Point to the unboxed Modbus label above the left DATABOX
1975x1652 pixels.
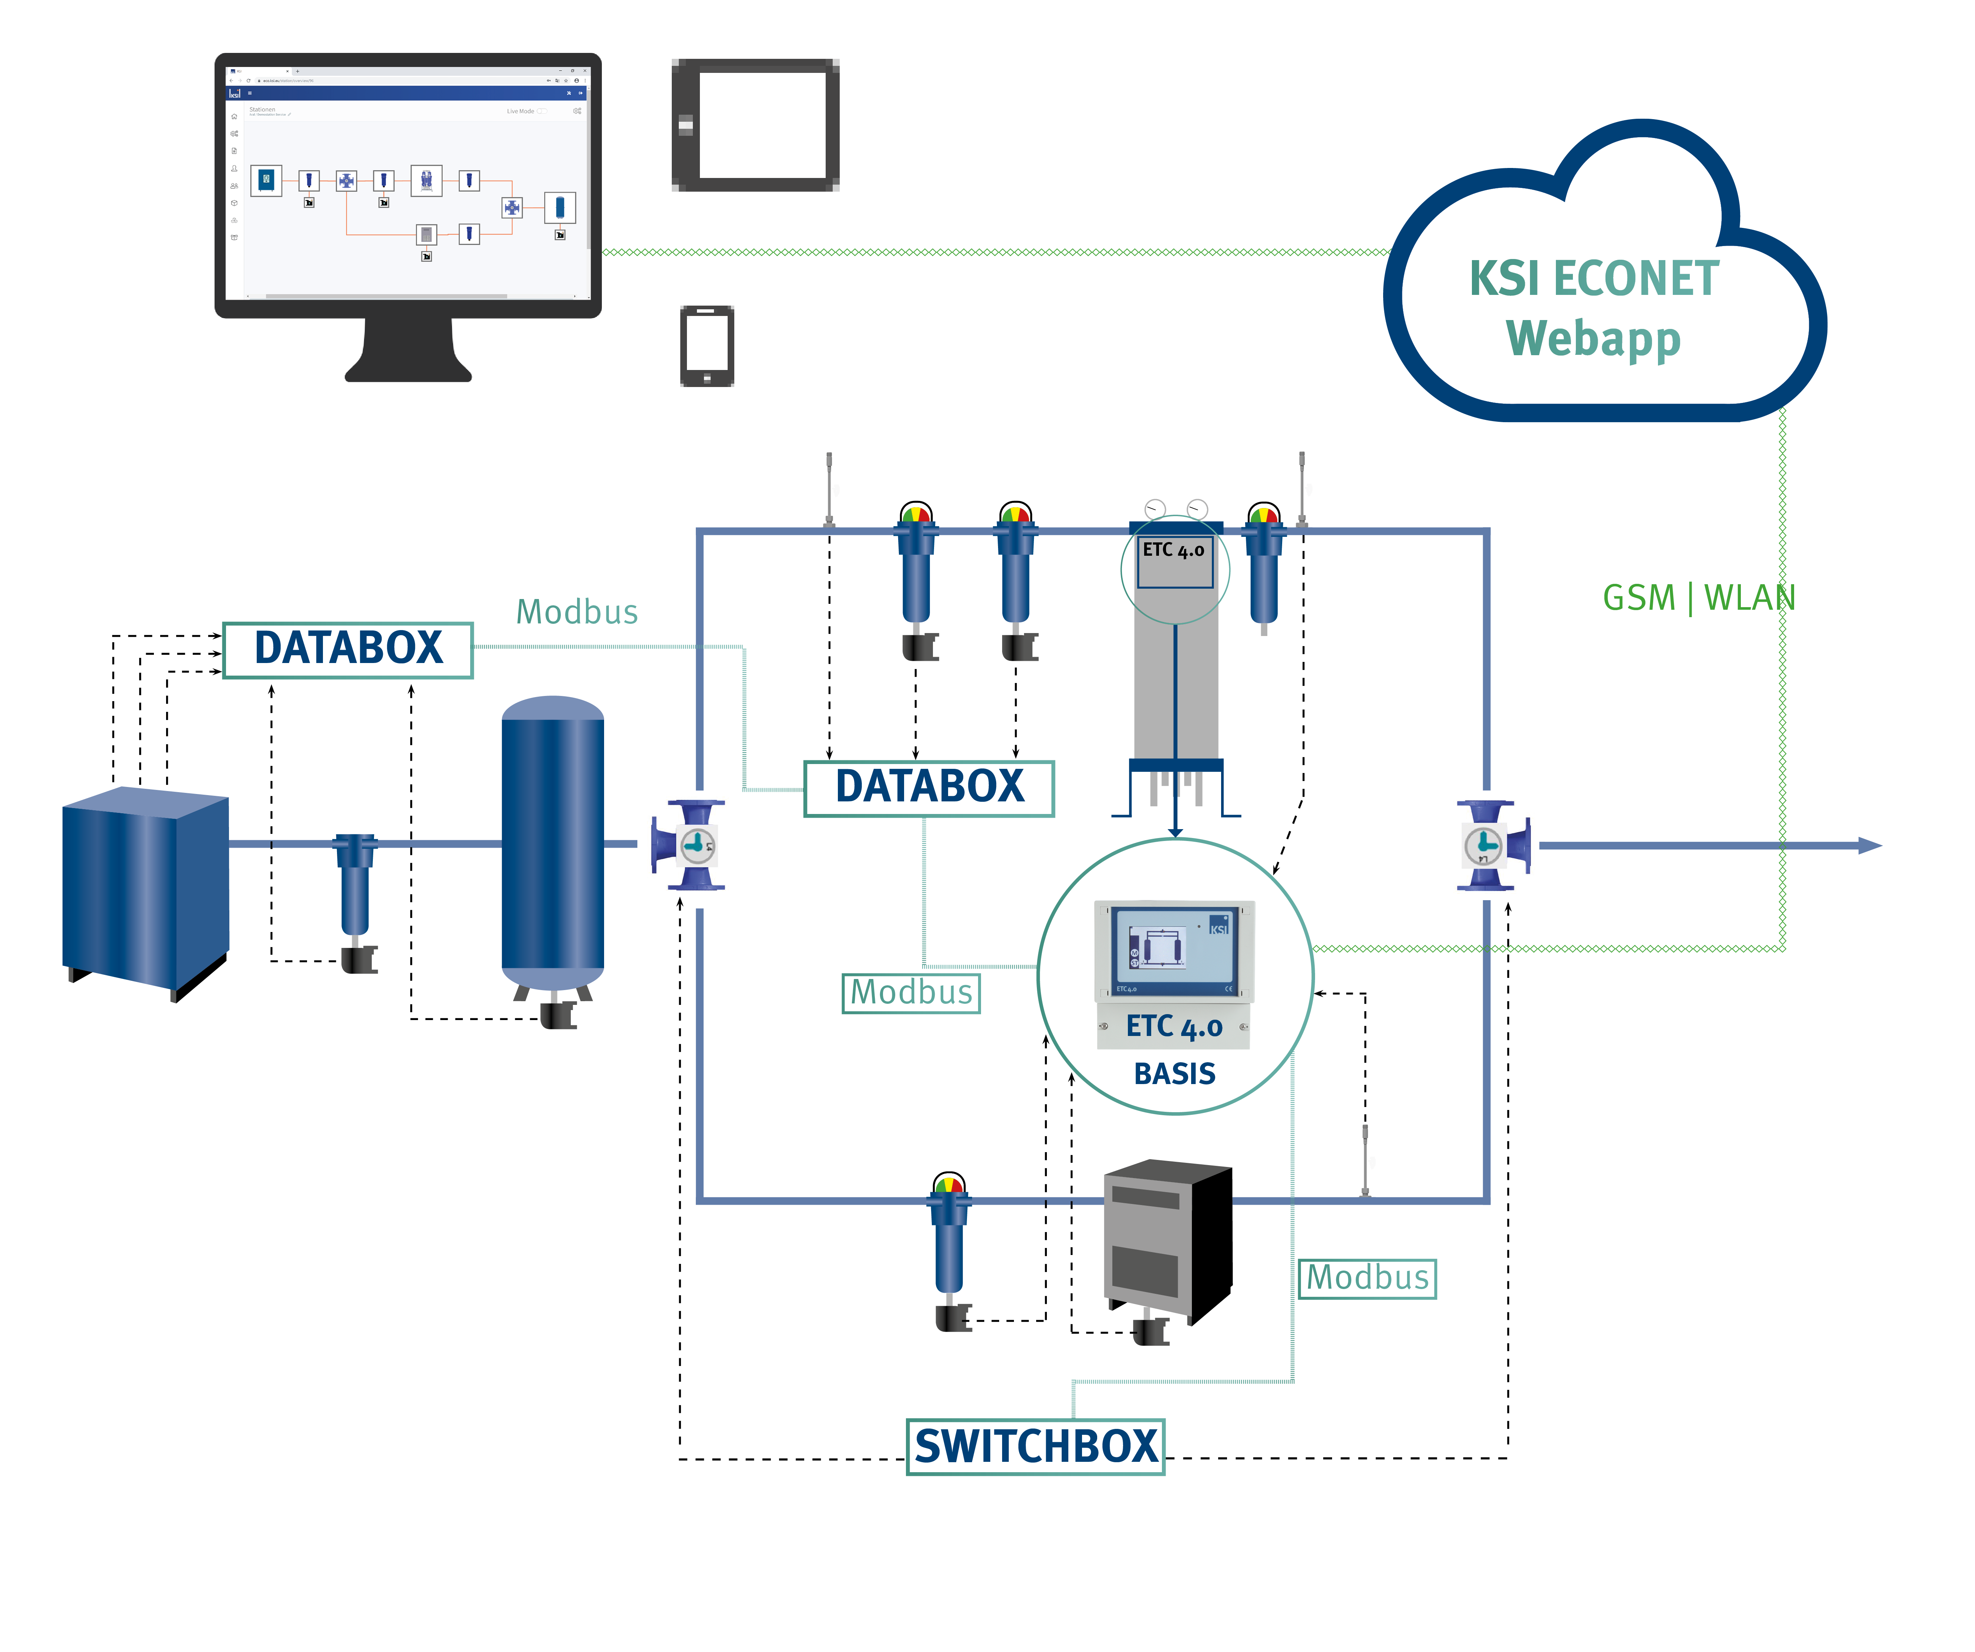576,612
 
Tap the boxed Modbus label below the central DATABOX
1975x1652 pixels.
910,993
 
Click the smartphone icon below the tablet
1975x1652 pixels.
706,345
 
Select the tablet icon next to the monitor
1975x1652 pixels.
755,125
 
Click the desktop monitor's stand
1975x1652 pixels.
408,353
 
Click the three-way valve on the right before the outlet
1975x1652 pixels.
1491,845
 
